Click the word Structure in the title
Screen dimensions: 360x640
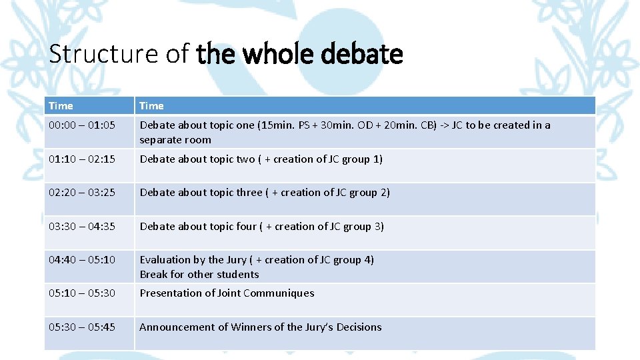point(85,54)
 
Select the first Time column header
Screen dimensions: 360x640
point(61,105)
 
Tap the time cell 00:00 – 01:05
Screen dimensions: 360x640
point(82,125)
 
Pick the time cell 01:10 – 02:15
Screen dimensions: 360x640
point(82,159)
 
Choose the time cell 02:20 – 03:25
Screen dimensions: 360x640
point(82,192)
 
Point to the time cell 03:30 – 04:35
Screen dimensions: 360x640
point(82,226)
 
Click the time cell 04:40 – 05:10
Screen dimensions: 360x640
point(82,259)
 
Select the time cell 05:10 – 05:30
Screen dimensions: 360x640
point(82,293)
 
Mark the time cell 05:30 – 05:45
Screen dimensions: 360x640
point(82,327)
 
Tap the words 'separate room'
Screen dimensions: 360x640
point(175,140)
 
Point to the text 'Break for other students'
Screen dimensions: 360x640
point(199,274)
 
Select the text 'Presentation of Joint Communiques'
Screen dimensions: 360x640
point(227,293)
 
